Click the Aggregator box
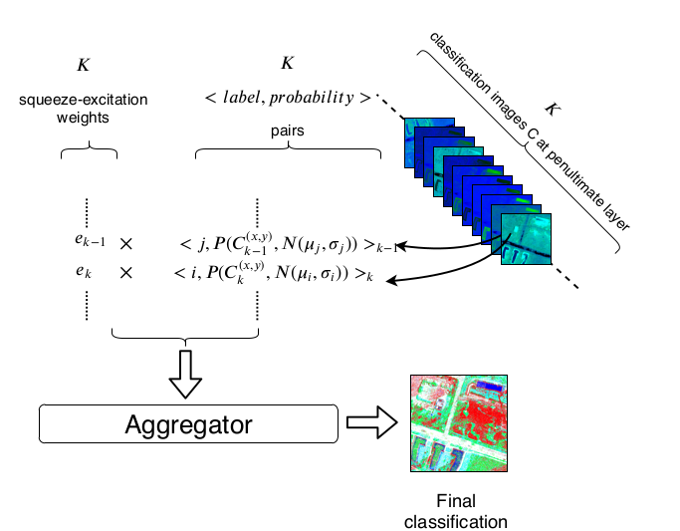pyautogui.click(x=188, y=424)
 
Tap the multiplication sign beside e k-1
pyautogui.click(x=126, y=243)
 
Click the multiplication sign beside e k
pyautogui.click(x=126, y=270)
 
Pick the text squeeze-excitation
pyautogui.click(x=89, y=101)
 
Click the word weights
pyautogui.click(x=89, y=118)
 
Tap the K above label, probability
pyautogui.click(x=287, y=63)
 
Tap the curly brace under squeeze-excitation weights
pyautogui.click(x=89, y=154)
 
